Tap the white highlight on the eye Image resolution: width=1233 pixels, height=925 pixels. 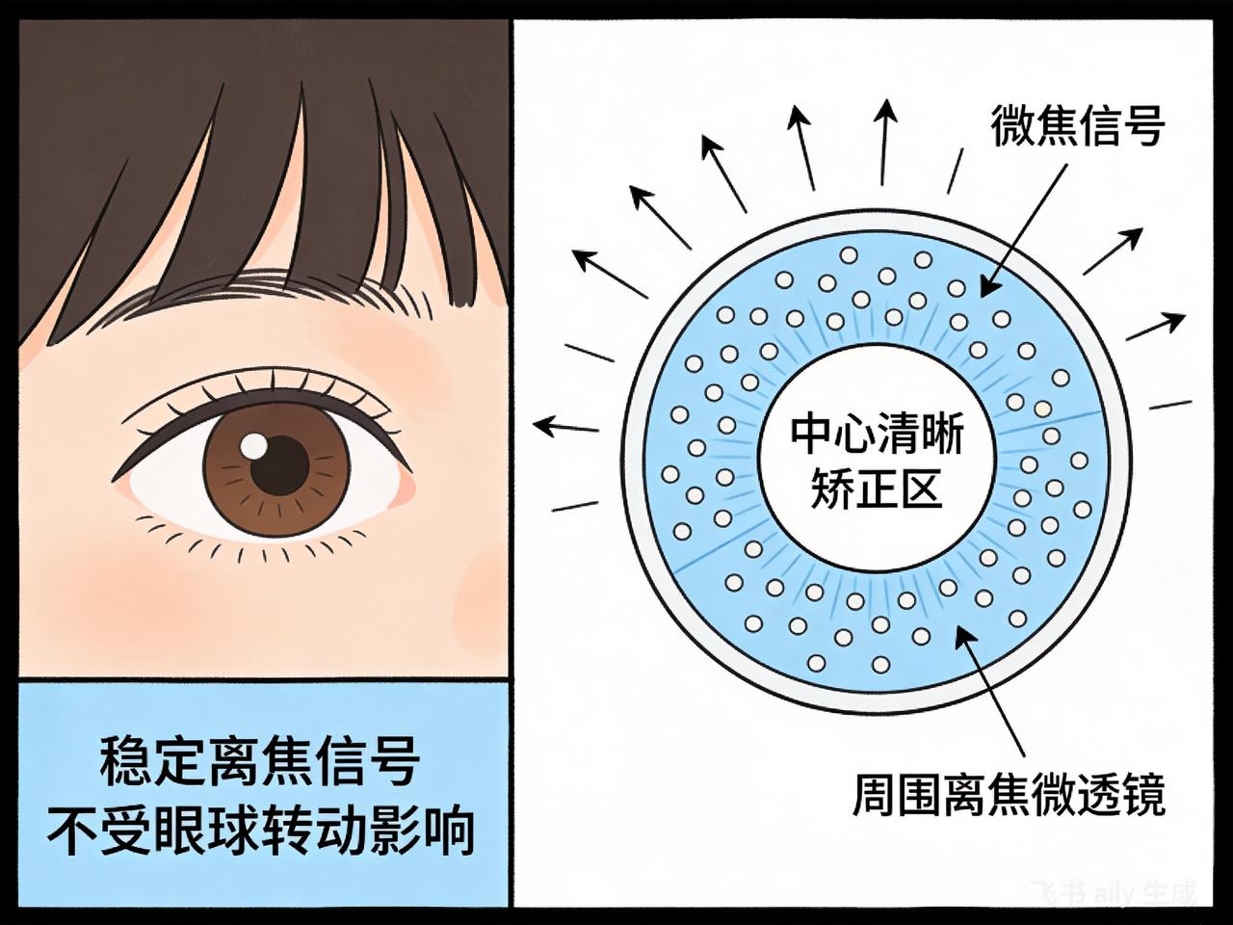(x=254, y=446)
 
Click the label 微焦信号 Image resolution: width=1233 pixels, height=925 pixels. (x=1077, y=126)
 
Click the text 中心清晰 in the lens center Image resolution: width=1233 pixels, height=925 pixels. (x=877, y=436)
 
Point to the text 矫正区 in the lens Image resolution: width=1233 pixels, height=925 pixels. (x=877, y=489)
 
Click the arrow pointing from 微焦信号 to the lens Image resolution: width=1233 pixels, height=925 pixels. (x=1023, y=230)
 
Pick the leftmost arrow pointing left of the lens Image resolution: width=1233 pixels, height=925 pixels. (x=565, y=426)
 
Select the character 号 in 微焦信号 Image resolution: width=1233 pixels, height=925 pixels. (x=1144, y=126)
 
